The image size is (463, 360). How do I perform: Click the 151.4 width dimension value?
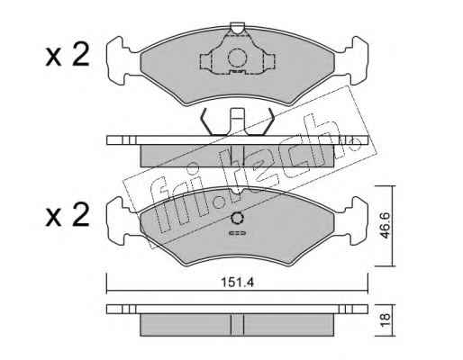pyautogui.click(x=237, y=283)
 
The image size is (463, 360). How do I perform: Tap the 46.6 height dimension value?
pyautogui.click(x=385, y=225)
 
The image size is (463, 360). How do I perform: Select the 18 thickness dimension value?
pyautogui.click(x=385, y=319)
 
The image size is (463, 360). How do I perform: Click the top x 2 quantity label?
pyautogui.click(x=68, y=54)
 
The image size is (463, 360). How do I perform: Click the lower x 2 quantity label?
pyautogui.click(x=68, y=215)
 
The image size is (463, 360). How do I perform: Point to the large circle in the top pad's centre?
pyautogui.click(x=237, y=58)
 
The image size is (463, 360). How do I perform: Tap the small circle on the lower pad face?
pyautogui.click(x=237, y=218)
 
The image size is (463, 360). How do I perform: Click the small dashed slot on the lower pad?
pyautogui.click(x=237, y=233)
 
